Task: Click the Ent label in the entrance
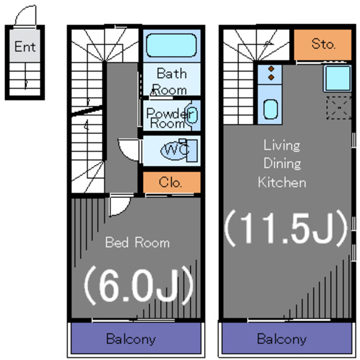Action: pos(25,47)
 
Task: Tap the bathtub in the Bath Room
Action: pos(171,45)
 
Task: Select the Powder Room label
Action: pos(169,118)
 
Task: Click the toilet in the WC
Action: pos(179,150)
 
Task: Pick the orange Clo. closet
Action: pos(172,182)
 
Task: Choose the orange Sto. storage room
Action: pos(322,44)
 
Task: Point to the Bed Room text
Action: pos(137,242)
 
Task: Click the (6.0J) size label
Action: pos(138,286)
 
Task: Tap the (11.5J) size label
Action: pos(286,228)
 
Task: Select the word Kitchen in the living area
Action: pos(282,182)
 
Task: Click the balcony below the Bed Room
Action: pos(136,338)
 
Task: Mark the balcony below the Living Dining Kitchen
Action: pos(287,338)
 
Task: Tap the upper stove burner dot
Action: pos(271,69)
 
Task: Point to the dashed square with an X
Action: pos(339,107)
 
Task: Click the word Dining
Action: pos(282,164)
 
